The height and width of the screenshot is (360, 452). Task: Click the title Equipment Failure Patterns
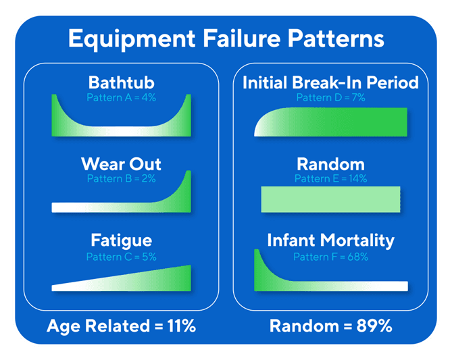(x=226, y=38)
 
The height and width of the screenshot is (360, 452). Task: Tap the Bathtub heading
(x=121, y=83)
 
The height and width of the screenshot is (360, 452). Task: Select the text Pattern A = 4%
(x=121, y=97)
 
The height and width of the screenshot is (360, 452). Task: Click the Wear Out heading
(x=121, y=164)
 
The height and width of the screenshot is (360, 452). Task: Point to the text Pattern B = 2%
(x=121, y=178)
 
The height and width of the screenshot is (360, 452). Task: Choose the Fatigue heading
(x=121, y=240)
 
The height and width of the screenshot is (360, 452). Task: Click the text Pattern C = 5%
(x=121, y=257)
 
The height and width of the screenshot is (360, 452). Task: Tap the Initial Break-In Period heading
(x=330, y=83)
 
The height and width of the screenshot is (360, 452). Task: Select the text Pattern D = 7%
(x=330, y=97)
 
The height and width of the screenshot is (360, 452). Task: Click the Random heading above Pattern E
(x=330, y=164)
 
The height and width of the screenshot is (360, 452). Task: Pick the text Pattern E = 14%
(x=330, y=178)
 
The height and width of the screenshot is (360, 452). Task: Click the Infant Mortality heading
(x=330, y=240)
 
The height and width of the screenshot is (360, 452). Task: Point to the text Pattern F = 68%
(x=330, y=257)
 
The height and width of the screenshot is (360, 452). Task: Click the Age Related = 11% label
(x=121, y=326)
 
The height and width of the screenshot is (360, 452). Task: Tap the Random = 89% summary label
(x=330, y=326)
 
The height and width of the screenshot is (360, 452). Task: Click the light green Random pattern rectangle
(x=330, y=199)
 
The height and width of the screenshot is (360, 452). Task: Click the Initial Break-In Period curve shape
(x=330, y=122)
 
